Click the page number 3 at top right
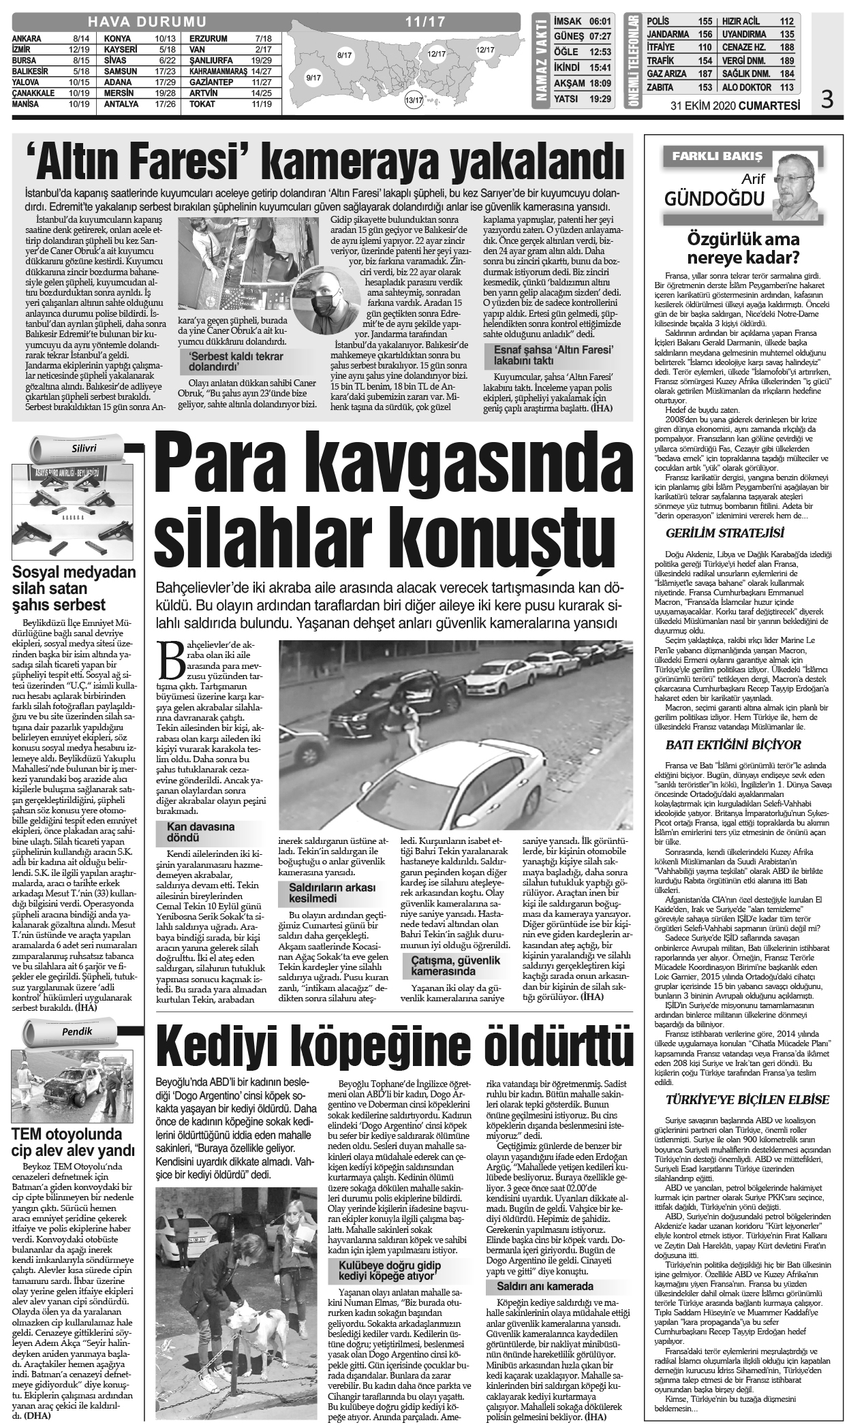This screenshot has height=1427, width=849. (x=827, y=101)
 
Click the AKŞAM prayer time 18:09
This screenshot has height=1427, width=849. (x=599, y=83)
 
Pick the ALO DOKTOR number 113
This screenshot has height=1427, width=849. (x=786, y=88)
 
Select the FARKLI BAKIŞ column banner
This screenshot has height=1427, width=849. (x=713, y=156)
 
